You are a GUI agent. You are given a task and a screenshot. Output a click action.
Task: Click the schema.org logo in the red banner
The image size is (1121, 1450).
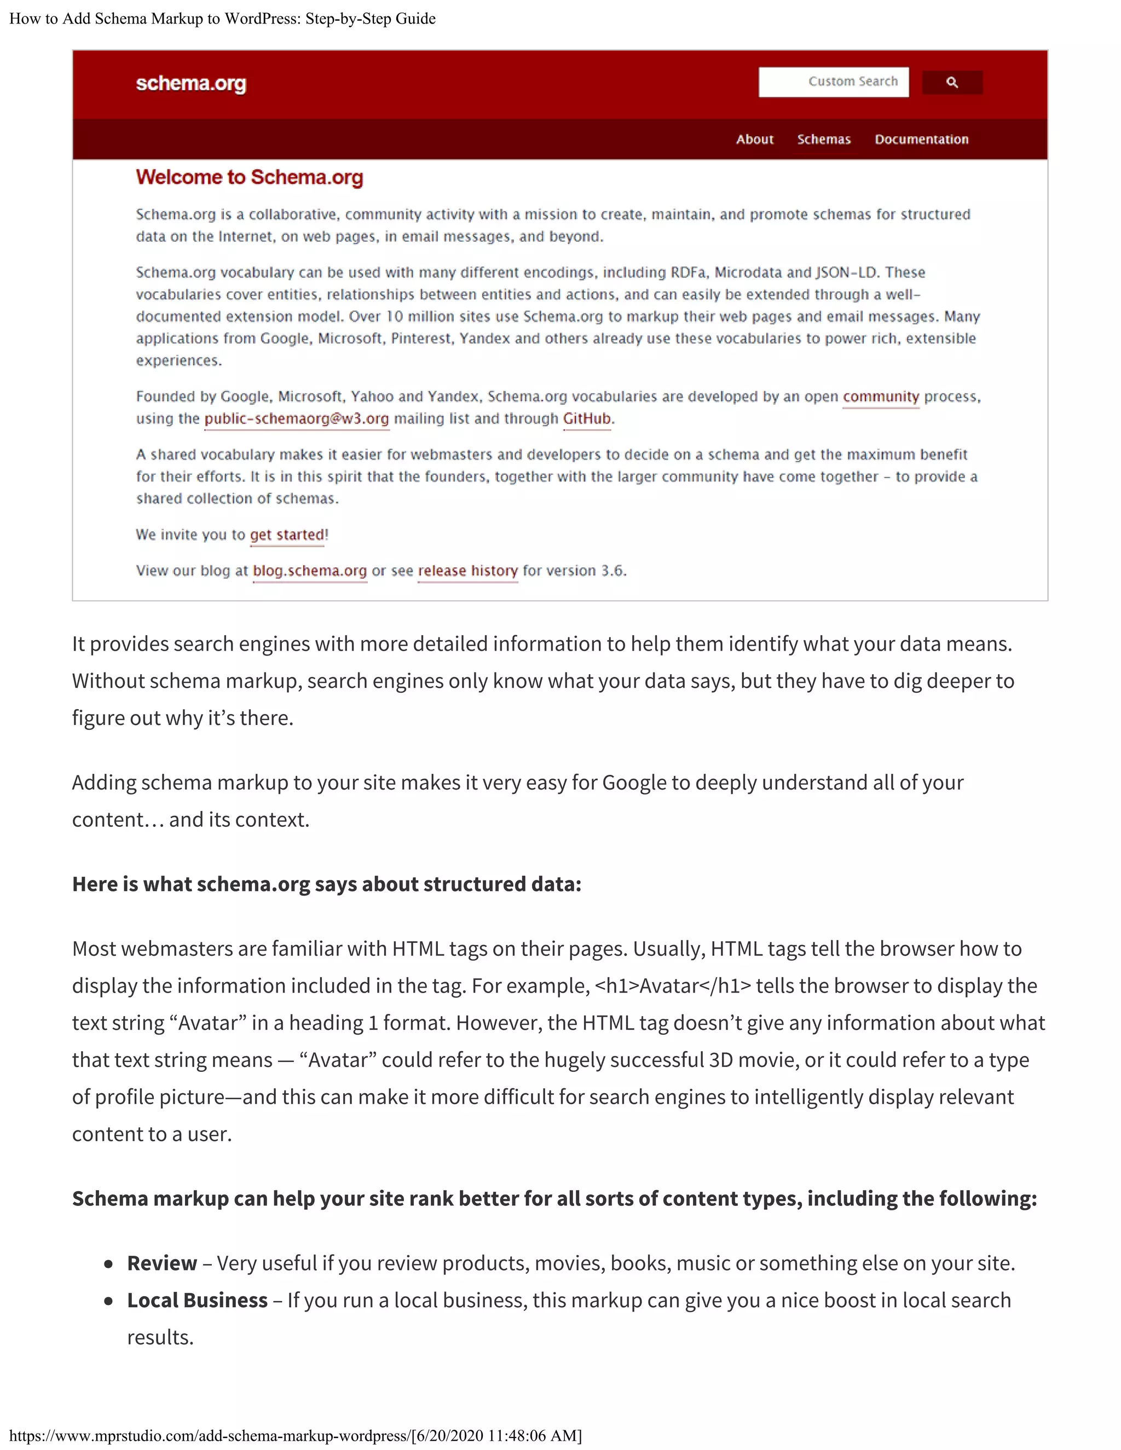click(x=190, y=84)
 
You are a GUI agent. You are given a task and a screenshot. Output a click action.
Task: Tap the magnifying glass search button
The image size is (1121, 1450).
click(x=952, y=82)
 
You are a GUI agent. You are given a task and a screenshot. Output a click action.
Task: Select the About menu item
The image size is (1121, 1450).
click(x=754, y=140)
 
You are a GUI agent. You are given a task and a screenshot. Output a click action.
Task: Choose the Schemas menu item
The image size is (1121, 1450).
click(x=823, y=140)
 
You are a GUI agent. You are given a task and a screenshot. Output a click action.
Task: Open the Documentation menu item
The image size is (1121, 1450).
click(x=921, y=140)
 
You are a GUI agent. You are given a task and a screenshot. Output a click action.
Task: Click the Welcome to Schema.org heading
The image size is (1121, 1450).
click(x=249, y=177)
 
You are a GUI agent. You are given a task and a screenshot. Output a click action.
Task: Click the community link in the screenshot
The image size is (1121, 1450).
click(x=881, y=396)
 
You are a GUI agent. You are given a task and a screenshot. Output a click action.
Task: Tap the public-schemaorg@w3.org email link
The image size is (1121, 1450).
click(x=296, y=419)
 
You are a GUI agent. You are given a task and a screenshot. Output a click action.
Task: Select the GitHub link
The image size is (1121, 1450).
click(x=586, y=419)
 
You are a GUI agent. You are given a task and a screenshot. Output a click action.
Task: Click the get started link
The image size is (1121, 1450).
click(x=287, y=535)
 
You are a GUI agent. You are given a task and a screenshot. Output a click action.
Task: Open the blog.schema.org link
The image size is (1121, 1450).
click(x=309, y=571)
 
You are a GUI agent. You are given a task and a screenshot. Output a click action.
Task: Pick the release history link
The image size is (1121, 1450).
click(x=467, y=571)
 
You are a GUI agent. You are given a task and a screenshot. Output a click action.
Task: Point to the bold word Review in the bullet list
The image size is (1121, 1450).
click(x=162, y=1263)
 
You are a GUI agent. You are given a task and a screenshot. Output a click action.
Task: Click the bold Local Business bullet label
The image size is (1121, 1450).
click(x=197, y=1300)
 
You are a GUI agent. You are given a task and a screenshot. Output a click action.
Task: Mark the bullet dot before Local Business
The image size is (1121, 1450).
click(x=108, y=1301)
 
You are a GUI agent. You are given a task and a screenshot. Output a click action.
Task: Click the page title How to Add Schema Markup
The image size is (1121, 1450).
click(x=222, y=19)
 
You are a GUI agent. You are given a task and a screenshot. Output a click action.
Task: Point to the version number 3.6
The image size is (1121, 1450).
click(x=612, y=571)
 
